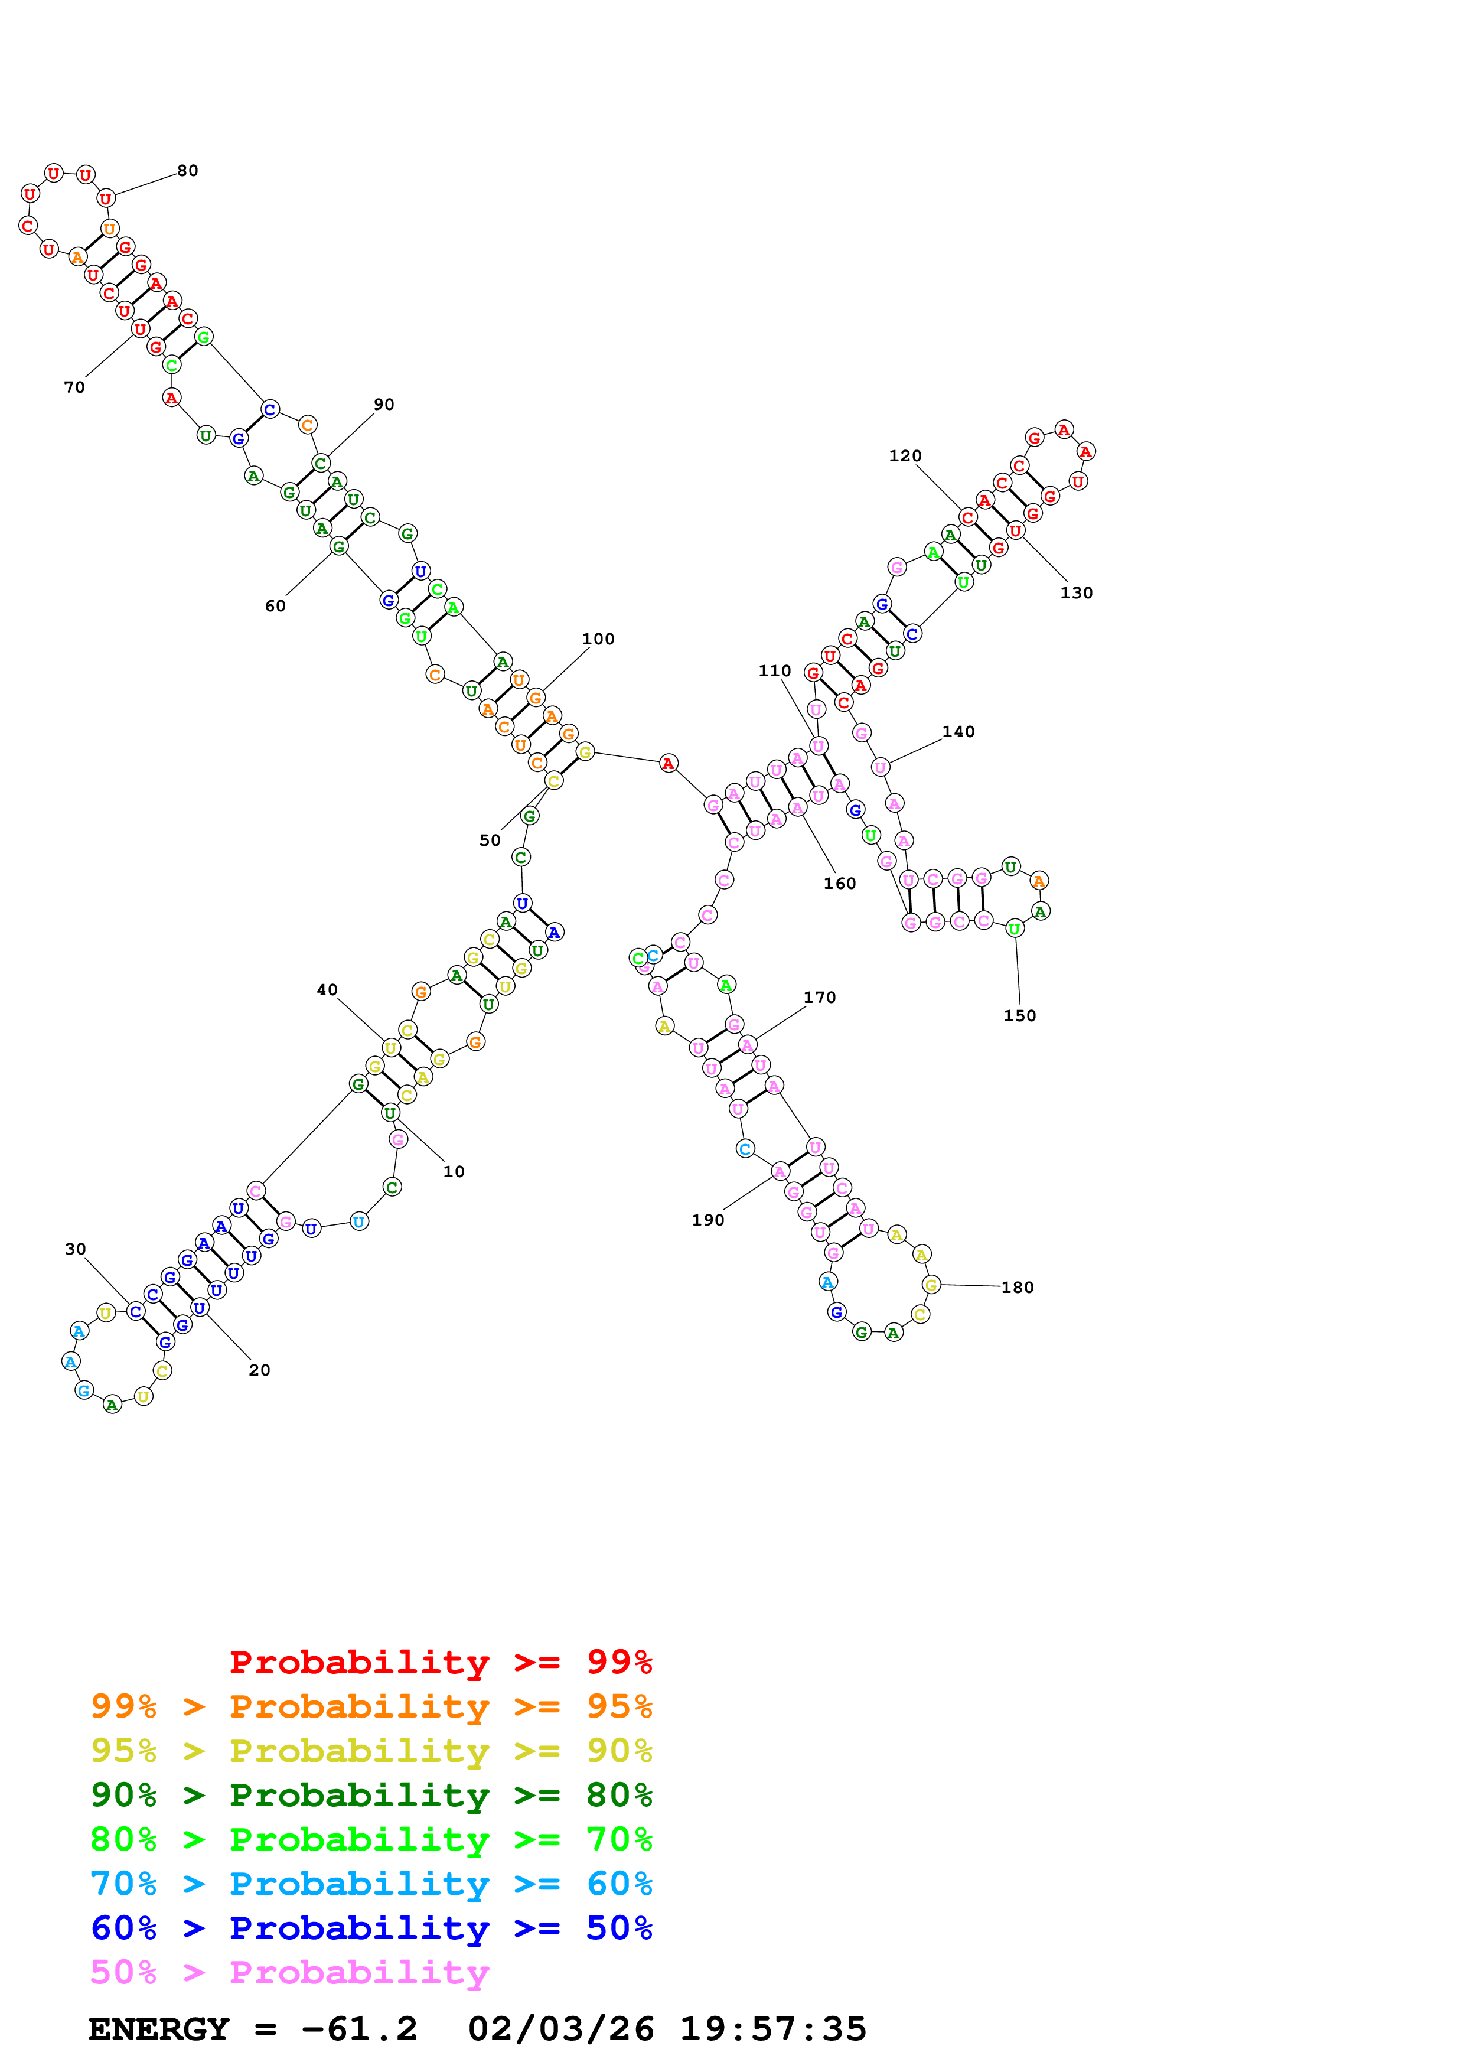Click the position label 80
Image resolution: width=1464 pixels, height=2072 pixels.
188,171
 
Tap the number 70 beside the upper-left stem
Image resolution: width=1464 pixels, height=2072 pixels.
74,387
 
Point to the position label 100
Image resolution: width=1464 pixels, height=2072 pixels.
598,639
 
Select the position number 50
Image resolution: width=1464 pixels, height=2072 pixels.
490,840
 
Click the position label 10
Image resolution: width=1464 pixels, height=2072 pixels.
454,1171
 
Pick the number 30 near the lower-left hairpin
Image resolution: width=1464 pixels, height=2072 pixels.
75,1249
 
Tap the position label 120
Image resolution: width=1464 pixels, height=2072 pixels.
905,456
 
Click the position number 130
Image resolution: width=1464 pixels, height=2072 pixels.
1076,593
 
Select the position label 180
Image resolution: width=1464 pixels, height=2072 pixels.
1018,1288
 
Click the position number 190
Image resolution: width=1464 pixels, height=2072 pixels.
708,1220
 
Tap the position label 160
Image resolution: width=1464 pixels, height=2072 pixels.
840,884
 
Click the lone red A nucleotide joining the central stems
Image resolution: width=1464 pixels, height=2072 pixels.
667,764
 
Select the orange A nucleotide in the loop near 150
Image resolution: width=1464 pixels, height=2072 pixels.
1039,881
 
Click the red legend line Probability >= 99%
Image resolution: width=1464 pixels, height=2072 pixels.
441,1661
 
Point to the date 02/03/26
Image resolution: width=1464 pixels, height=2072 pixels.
561,2029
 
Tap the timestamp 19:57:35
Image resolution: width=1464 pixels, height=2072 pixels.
773,2029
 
